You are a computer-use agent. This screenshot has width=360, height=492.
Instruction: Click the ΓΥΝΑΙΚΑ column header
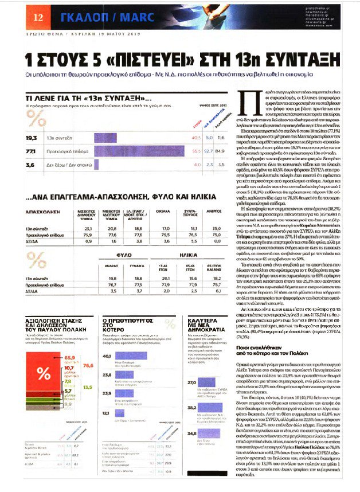click(x=136, y=267)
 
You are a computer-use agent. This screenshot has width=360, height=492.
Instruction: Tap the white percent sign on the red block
click(x=44, y=373)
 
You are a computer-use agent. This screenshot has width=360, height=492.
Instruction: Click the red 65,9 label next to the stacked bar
click(x=69, y=357)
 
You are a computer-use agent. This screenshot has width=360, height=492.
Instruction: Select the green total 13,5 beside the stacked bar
click(x=88, y=388)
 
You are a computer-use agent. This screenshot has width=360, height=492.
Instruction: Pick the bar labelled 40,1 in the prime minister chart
click(x=128, y=356)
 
